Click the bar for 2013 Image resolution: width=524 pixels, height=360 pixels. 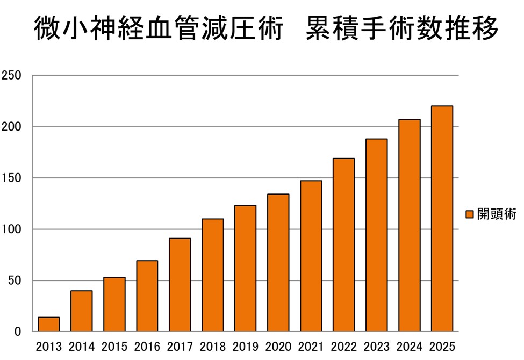click(49, 325)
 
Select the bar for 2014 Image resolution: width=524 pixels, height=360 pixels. click(82, 311)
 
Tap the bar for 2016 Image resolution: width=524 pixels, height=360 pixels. click(147, 296)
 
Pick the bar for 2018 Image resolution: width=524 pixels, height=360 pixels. click(213, 275)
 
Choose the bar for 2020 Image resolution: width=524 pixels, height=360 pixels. click(278, 263)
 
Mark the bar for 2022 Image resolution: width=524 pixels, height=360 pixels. click(344, 245)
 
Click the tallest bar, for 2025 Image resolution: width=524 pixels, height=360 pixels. click(442, 219)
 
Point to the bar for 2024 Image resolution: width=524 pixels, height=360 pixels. click(410, 226)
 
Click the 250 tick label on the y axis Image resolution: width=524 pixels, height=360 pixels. click(11, 76)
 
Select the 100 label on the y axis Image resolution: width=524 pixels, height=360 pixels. click(11, 229)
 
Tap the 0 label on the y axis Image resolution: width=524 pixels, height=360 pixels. click(18, 332)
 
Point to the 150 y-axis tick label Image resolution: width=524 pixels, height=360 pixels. click(11, 178)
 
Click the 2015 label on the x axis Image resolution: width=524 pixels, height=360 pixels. click(114, 347)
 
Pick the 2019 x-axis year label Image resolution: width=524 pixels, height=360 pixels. click(245, 347)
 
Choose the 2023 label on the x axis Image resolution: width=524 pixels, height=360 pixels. click(376, 347)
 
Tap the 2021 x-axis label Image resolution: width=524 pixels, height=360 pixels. click(311, 347)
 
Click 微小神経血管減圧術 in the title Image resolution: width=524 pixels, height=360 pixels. click(159, 28)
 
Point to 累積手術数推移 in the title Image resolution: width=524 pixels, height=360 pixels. click(402, 28)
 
